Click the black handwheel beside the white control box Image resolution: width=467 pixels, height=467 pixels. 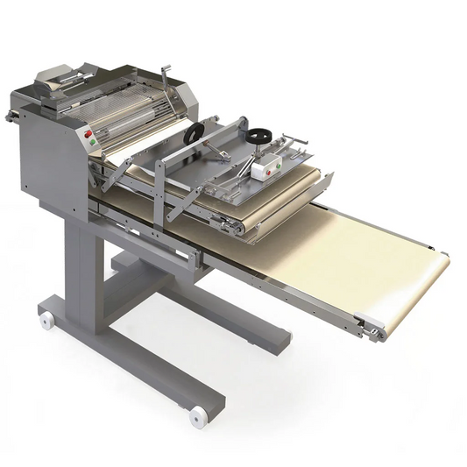pyautogui.click(x=258, y=137)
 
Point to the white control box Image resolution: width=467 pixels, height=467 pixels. pyautogui.click(x=267, y=166)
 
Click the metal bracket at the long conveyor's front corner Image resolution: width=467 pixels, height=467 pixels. pyautogui.click(x=372, y=331)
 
